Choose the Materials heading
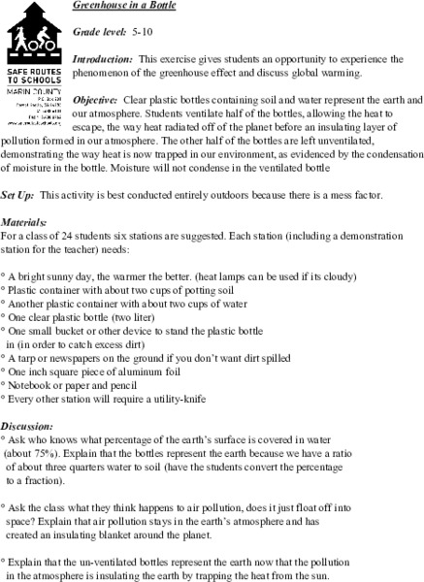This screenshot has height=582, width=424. tap(26, 249)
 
